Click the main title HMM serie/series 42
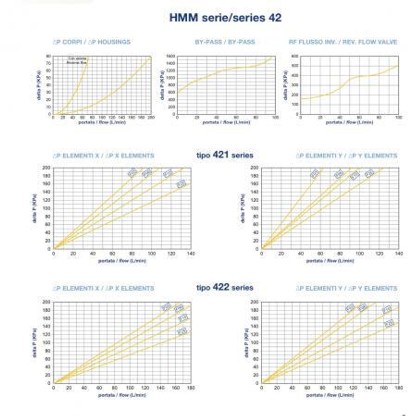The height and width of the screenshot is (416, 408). [225, 18]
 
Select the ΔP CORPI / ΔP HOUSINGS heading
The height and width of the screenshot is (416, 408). [91, 42]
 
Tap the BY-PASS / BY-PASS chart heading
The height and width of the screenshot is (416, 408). [225, 42]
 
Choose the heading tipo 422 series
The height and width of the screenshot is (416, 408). [225, 288]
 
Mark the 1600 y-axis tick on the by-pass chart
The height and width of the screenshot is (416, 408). [171, 56]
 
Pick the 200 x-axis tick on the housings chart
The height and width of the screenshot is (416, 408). [151, 117]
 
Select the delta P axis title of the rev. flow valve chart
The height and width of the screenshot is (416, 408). [286, 85]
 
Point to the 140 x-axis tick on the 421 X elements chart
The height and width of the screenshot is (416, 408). [191, 254]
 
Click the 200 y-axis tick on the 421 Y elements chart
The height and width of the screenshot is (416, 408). [254, 168]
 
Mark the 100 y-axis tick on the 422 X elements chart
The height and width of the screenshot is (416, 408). [47, 343]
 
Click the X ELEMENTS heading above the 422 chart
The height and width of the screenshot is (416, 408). [104, 288]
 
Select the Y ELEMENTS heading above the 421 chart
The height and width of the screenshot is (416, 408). [346, 156]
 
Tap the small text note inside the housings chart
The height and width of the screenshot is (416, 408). [77, 61]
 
